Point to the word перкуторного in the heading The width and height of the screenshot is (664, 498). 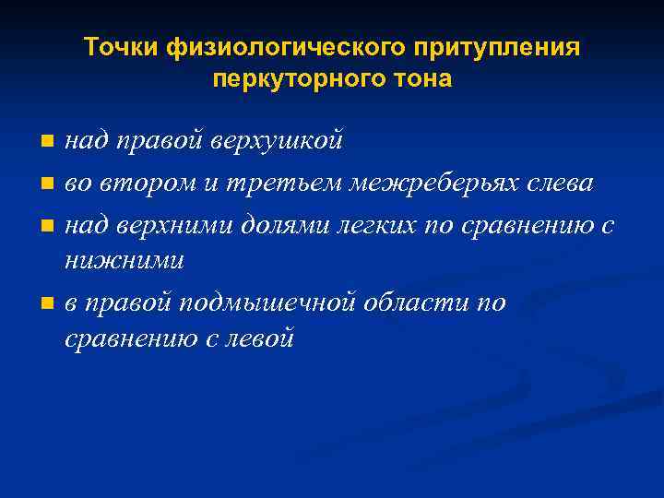click(x=297, y=79)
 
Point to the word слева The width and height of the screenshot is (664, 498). click(x=555, y=183)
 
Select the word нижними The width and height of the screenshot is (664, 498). click(x=125, y=261)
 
